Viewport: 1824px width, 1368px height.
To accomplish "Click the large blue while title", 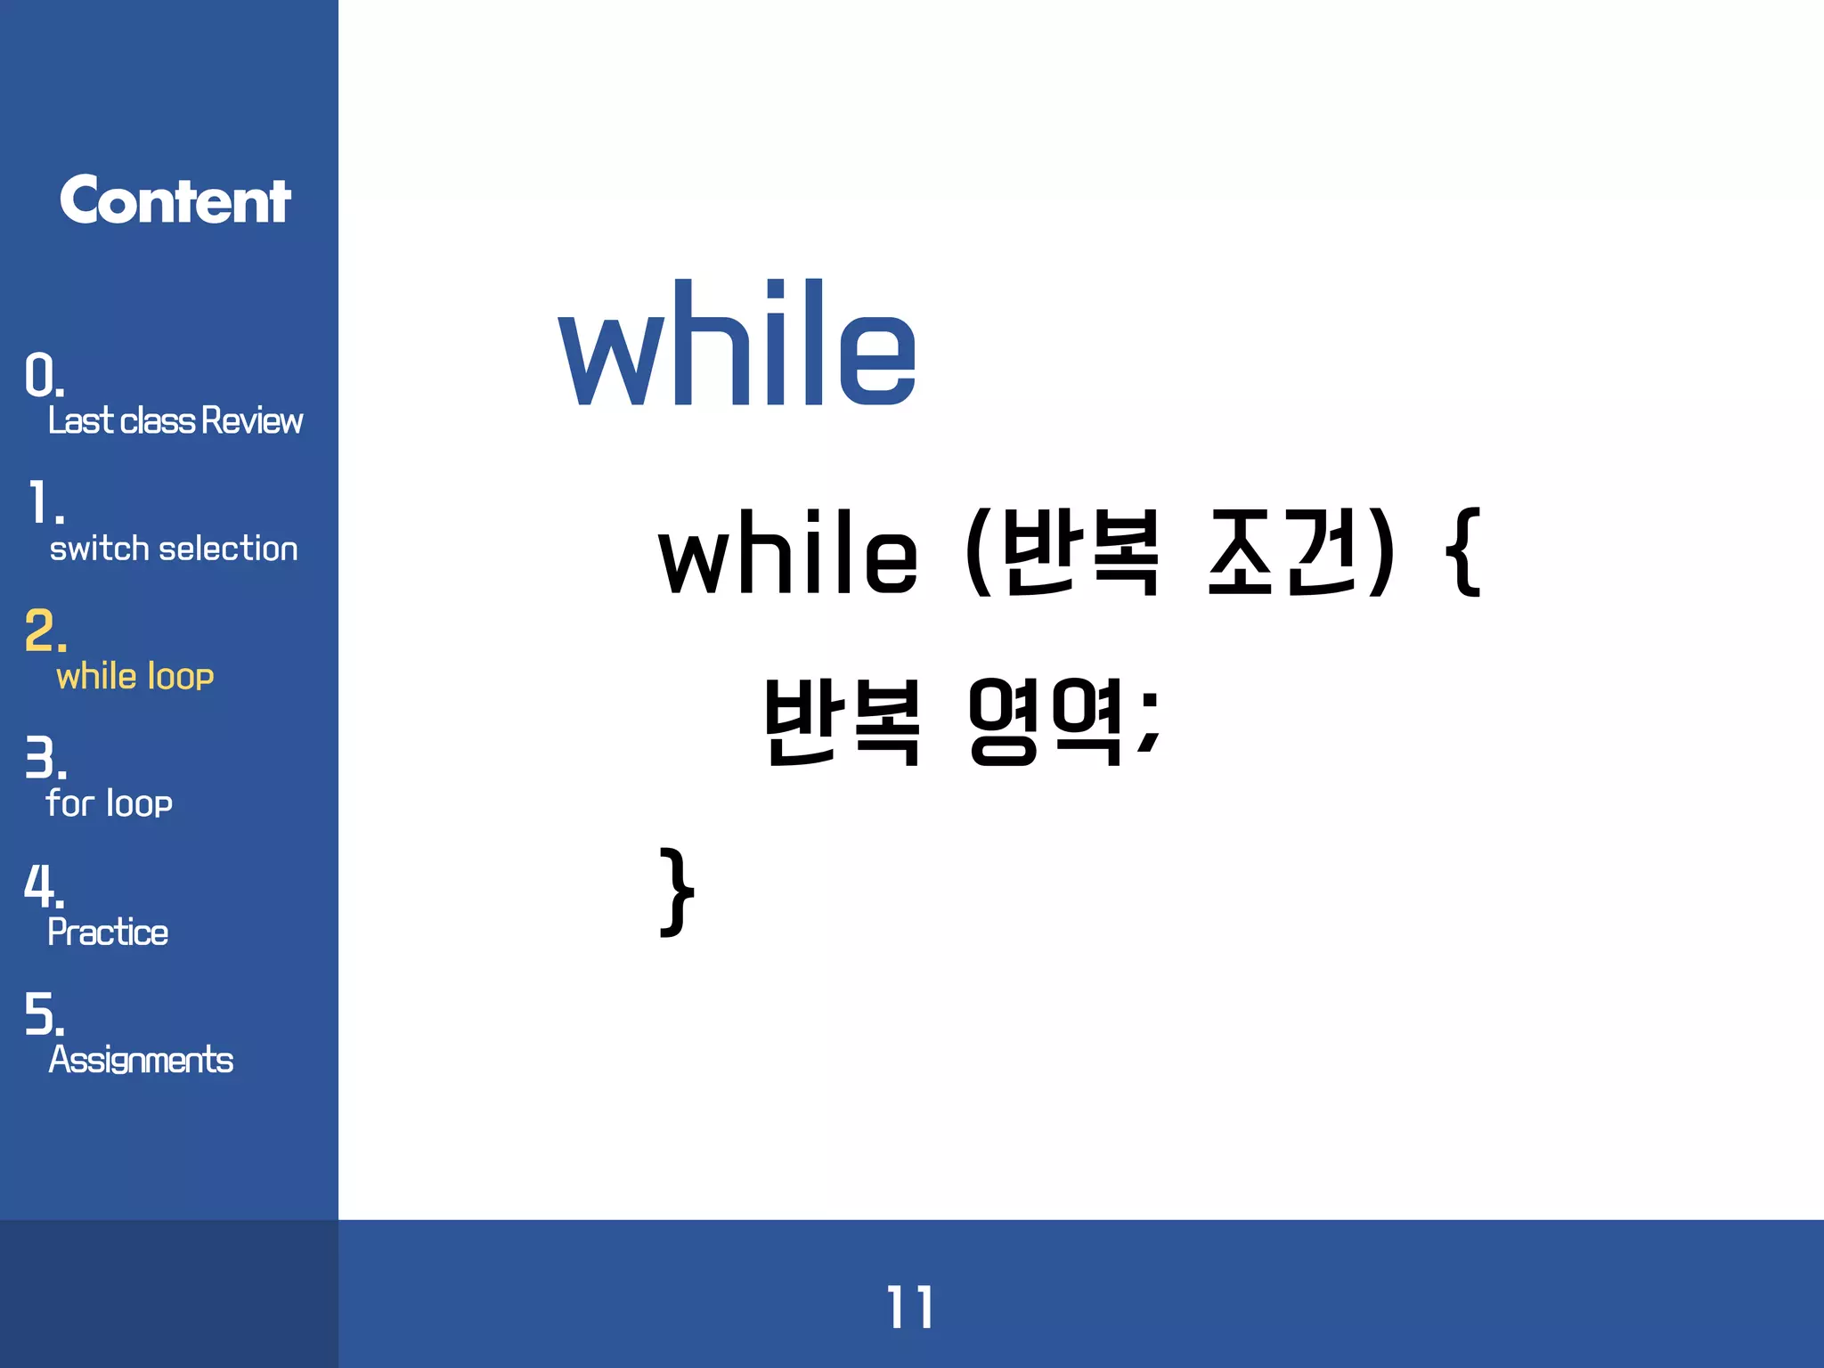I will click(737, 345).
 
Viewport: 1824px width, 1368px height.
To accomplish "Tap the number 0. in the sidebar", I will click(44, 375).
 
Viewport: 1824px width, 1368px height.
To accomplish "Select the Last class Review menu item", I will click(175, 420).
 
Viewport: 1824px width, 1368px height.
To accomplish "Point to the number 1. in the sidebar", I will click(45, 503).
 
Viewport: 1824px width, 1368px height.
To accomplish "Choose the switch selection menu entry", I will click(174, 549).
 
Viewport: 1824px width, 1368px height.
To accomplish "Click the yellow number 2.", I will click(45, 631).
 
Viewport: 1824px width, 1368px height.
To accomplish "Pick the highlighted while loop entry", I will click(135, 677).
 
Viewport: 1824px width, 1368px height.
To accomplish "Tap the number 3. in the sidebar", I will click(45, 759).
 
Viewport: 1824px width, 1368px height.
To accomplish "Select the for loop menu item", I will click(109, 803).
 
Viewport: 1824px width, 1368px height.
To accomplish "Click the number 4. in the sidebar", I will click(44, 887).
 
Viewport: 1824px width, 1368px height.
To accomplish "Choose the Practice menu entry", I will click(108, 932).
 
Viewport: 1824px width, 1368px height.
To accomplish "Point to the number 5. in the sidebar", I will click(44, 1014).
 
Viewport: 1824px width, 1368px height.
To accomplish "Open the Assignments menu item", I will click(141, 1060).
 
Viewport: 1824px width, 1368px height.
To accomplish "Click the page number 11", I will click(909, 1307).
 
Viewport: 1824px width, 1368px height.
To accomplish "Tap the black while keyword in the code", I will click(788, 554).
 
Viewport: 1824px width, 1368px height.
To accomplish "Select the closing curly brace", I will click(677, 892).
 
